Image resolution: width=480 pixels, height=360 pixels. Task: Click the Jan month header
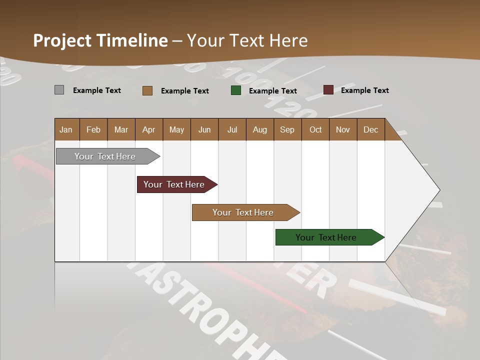66,129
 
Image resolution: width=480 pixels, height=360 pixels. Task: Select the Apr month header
148,129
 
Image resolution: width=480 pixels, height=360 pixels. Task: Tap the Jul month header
232,129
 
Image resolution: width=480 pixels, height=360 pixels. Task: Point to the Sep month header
287,129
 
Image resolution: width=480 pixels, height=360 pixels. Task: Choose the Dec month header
370,129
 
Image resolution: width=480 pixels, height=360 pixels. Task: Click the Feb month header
93,129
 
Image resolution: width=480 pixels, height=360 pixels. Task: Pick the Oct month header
315,129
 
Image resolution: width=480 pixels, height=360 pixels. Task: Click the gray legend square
59,90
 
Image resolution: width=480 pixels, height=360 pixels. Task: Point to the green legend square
236,90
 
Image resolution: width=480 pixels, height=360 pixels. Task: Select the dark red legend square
328,90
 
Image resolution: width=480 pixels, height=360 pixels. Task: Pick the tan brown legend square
147,90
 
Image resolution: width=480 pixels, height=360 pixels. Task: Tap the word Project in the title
62,40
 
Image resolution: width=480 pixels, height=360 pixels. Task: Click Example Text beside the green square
272,91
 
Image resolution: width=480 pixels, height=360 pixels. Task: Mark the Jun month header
204,129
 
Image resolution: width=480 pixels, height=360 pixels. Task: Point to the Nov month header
342,129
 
